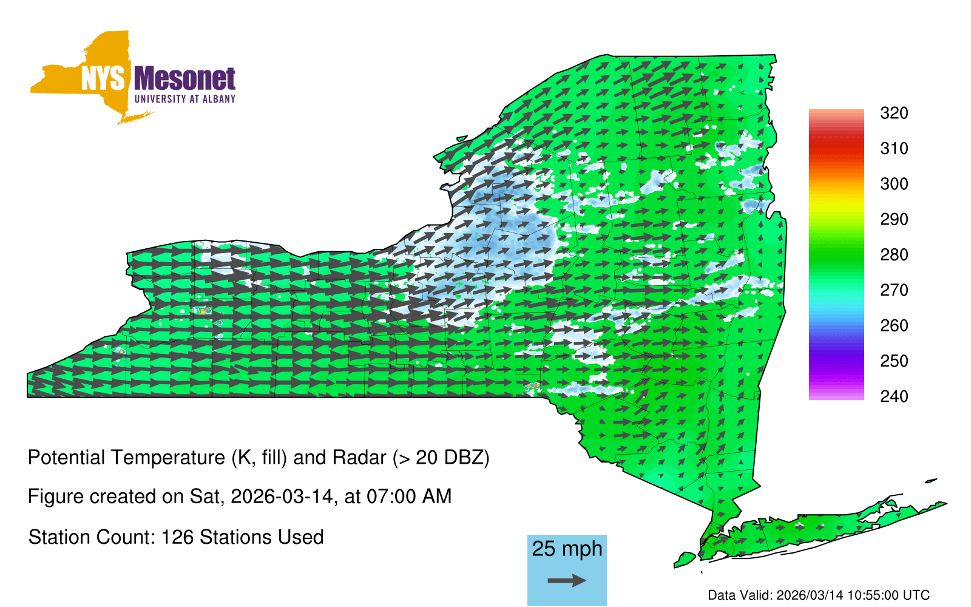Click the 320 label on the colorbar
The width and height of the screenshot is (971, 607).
click(894, 113)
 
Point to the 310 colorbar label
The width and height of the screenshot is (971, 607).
click(894, 149)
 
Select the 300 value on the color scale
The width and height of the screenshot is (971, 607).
click(894, 184)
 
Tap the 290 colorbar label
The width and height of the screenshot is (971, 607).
click(894, 219)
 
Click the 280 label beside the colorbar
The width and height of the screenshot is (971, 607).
click(894, 254)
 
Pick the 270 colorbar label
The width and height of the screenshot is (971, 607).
click(894, 290)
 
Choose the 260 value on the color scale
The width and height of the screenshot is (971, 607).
click(894, 325)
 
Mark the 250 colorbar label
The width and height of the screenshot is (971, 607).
click(894, 361)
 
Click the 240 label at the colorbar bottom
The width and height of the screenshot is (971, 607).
click(894, 396)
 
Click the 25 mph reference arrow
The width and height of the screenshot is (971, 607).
click(567, 580)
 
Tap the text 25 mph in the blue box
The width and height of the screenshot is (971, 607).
click(567, 549)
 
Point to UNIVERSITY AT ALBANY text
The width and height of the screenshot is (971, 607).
click(185, 99)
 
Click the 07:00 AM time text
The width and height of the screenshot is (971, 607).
click(409, 497)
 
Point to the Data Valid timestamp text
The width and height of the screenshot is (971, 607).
click(819, 595)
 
